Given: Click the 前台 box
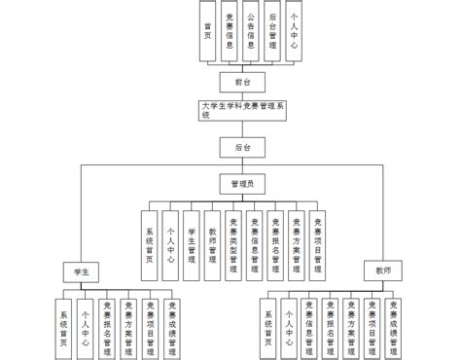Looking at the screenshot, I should tap(230, 82).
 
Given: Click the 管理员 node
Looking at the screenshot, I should tap(241, 182).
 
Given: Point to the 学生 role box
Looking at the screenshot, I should tap(82, 270).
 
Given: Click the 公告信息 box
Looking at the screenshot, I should tap(251, 30).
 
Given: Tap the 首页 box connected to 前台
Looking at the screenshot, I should tap(207, 30).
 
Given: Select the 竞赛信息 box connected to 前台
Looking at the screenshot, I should tap(229, 30).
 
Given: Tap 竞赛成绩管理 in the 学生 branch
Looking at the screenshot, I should tap(172, 322).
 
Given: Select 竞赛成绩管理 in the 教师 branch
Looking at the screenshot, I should tap(393, 322).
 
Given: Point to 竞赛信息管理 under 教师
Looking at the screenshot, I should tap(309, 322).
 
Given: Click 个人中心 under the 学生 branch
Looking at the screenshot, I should tap(87, 322).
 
